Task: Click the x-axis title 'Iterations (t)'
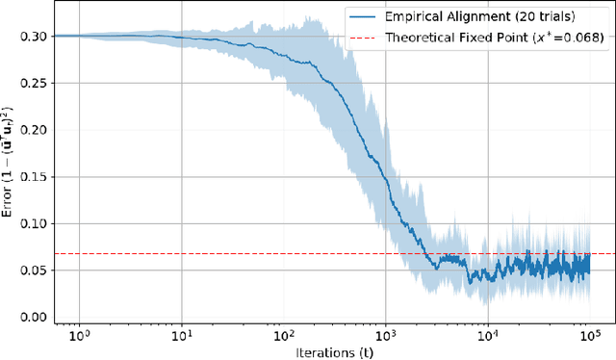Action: click(x=333, y=351)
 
